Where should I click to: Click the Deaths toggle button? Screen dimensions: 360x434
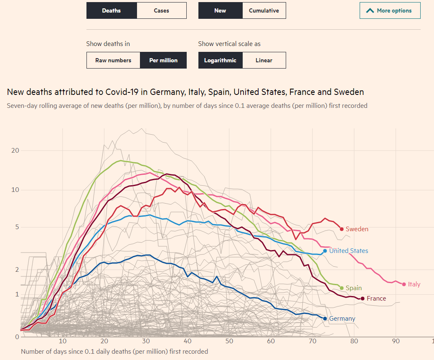coord(111,10)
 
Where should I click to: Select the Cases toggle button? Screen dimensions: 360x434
coord(161,10)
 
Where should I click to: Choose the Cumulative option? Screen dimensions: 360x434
coord(264,10)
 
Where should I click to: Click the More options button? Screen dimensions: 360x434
coord(390,10)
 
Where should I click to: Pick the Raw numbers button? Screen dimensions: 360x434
coord(113,60)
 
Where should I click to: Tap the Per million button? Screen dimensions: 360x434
coord(163,60)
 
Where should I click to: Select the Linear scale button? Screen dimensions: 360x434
coord(264,60)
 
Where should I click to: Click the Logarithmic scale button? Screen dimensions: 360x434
coord(220,60)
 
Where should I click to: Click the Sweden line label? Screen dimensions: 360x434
coord(357,229)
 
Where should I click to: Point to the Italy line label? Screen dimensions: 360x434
coord(414,284)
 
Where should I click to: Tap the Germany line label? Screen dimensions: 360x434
coord(342,319)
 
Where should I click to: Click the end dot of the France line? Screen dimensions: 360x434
coord(363,299)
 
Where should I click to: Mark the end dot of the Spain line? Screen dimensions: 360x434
coord(342,288)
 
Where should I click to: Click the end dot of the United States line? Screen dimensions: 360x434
coord(325,251)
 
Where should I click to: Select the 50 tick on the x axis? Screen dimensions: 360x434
coord(229,341)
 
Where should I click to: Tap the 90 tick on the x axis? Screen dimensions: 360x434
coord(396,341)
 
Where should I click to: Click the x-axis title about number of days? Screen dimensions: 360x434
coord(114,351)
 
